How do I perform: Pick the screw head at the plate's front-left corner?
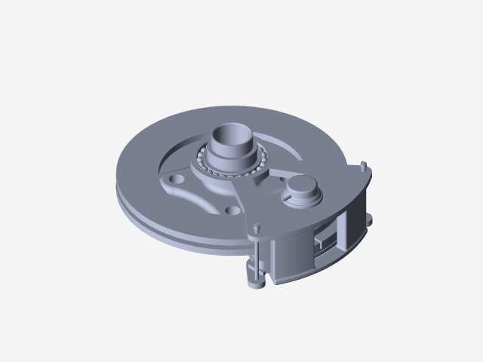[257, 227]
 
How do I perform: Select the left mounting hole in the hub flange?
[177, 180]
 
